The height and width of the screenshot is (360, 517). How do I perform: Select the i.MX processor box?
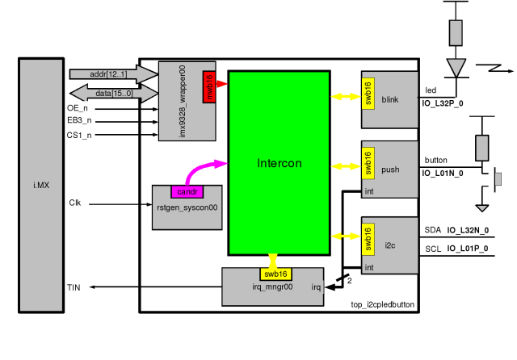tap(40, 186)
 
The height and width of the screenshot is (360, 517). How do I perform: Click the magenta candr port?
tap(187, 192)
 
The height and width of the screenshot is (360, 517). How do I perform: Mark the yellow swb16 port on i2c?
tap(368, 239)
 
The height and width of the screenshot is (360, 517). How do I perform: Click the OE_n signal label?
tap(78, 107)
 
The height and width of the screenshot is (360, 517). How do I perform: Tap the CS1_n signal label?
tap(79, 135)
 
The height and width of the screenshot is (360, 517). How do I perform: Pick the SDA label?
tap(433, 230)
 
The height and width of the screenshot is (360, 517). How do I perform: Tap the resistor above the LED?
tap(456, 33)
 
